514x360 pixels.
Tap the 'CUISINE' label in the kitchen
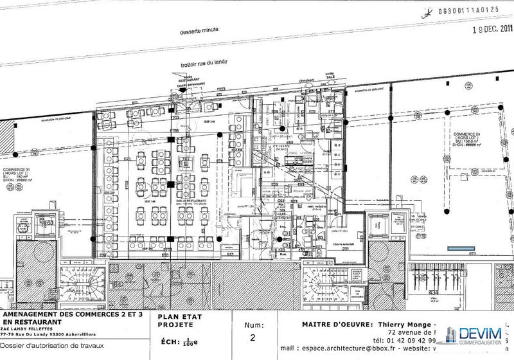coord(281,146)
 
